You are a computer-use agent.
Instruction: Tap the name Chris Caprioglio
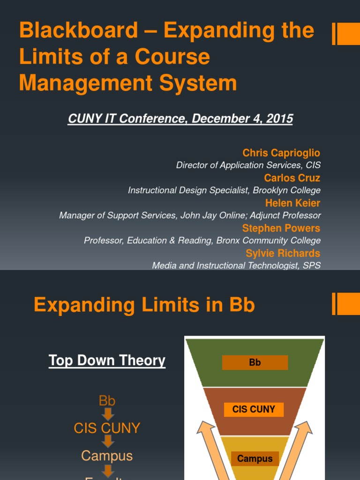[281, 153]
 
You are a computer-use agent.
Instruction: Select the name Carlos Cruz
[292, 178]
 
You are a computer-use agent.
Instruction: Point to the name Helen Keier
[292, 203]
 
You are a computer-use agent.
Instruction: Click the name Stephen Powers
[281, 228]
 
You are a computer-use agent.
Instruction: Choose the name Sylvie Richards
[283, 254]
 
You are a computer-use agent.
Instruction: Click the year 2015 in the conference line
[279, 119]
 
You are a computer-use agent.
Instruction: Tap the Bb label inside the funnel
[255, 362]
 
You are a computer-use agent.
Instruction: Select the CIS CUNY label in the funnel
[254, 409]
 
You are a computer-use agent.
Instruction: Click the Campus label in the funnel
[255, 458]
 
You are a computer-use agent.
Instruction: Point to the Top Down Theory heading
[107, 360]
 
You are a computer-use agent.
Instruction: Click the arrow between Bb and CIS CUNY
[108, 414]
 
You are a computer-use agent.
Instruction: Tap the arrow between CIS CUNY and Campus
[108, 442]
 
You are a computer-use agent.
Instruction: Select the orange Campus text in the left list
[107, 456]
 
